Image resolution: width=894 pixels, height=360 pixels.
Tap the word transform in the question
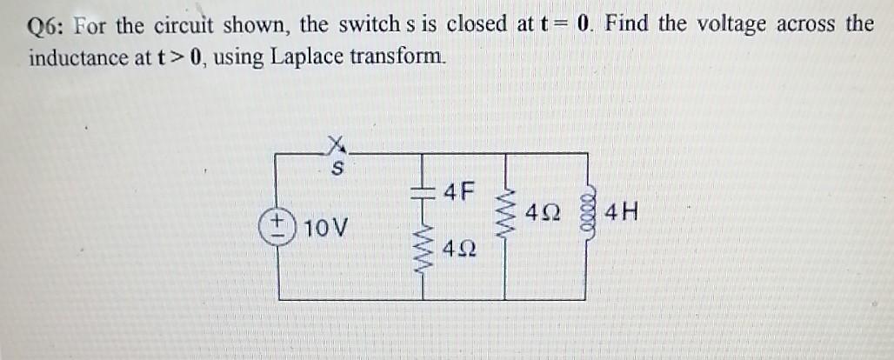click(x=404, y=58)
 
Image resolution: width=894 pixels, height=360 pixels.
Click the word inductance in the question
click(x=81, y=58)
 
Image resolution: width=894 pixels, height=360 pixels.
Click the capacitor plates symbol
click(x=424, y=190)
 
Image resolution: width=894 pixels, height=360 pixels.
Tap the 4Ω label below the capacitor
click(x=458, y=251)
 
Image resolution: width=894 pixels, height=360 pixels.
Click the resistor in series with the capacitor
click(x=424, y=253)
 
